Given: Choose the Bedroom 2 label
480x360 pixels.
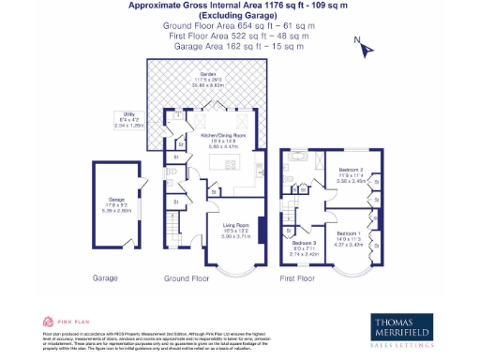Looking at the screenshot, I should pyautogui.click(x=351, y=172).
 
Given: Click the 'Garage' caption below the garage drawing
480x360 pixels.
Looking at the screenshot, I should pyautogui.click(x=104, y=278).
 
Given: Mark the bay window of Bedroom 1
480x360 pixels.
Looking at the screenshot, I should pyautogui.click(x=348, y=264).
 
